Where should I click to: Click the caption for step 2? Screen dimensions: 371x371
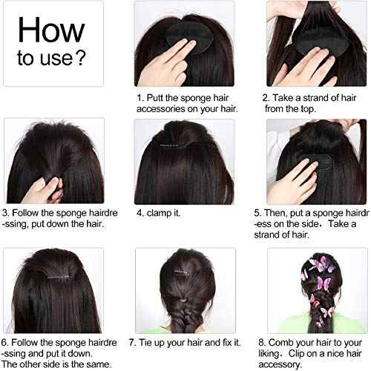[x=306, y=102]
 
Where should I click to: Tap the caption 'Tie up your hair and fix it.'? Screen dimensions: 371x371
[x=185, y=343]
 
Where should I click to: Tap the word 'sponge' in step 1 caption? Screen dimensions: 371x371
[x=194, y=97]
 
